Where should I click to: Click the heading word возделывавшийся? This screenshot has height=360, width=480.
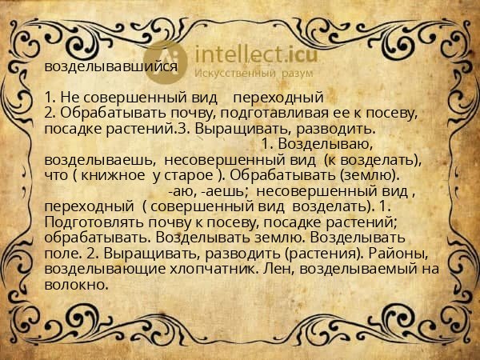(111, 67)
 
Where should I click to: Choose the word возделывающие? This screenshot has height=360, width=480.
(102, 270)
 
